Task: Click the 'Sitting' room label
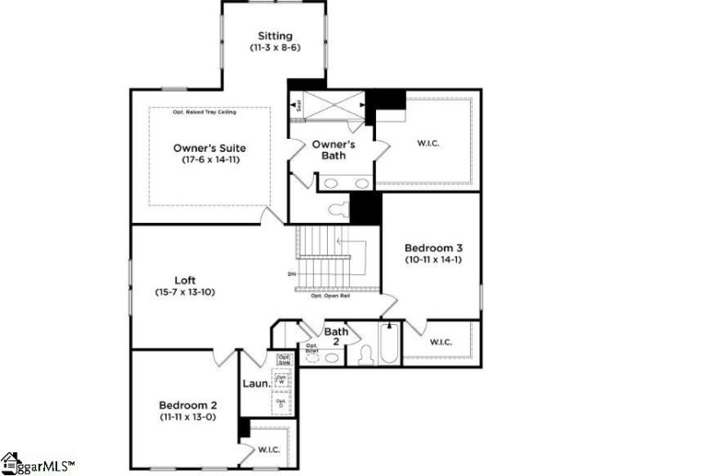275,36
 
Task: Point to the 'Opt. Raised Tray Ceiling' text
209,112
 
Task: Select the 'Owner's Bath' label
333,149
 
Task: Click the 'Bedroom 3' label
431,247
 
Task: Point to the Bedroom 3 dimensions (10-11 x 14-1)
431,260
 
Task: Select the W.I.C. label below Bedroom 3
441,343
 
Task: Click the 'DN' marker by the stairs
291,275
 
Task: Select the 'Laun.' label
256,384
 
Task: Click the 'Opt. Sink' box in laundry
285,359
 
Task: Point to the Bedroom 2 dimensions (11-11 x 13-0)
188,417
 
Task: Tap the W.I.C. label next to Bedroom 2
269,449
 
